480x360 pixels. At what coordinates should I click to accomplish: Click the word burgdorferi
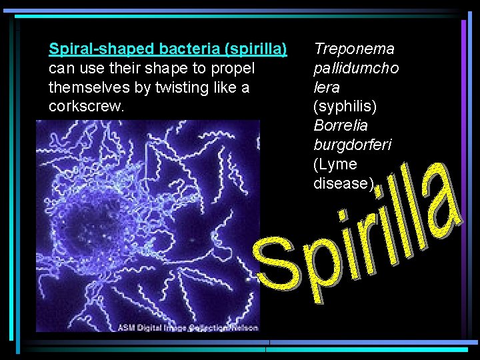coord(353,145)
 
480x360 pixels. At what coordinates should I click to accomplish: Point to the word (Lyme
coord(335,164)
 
